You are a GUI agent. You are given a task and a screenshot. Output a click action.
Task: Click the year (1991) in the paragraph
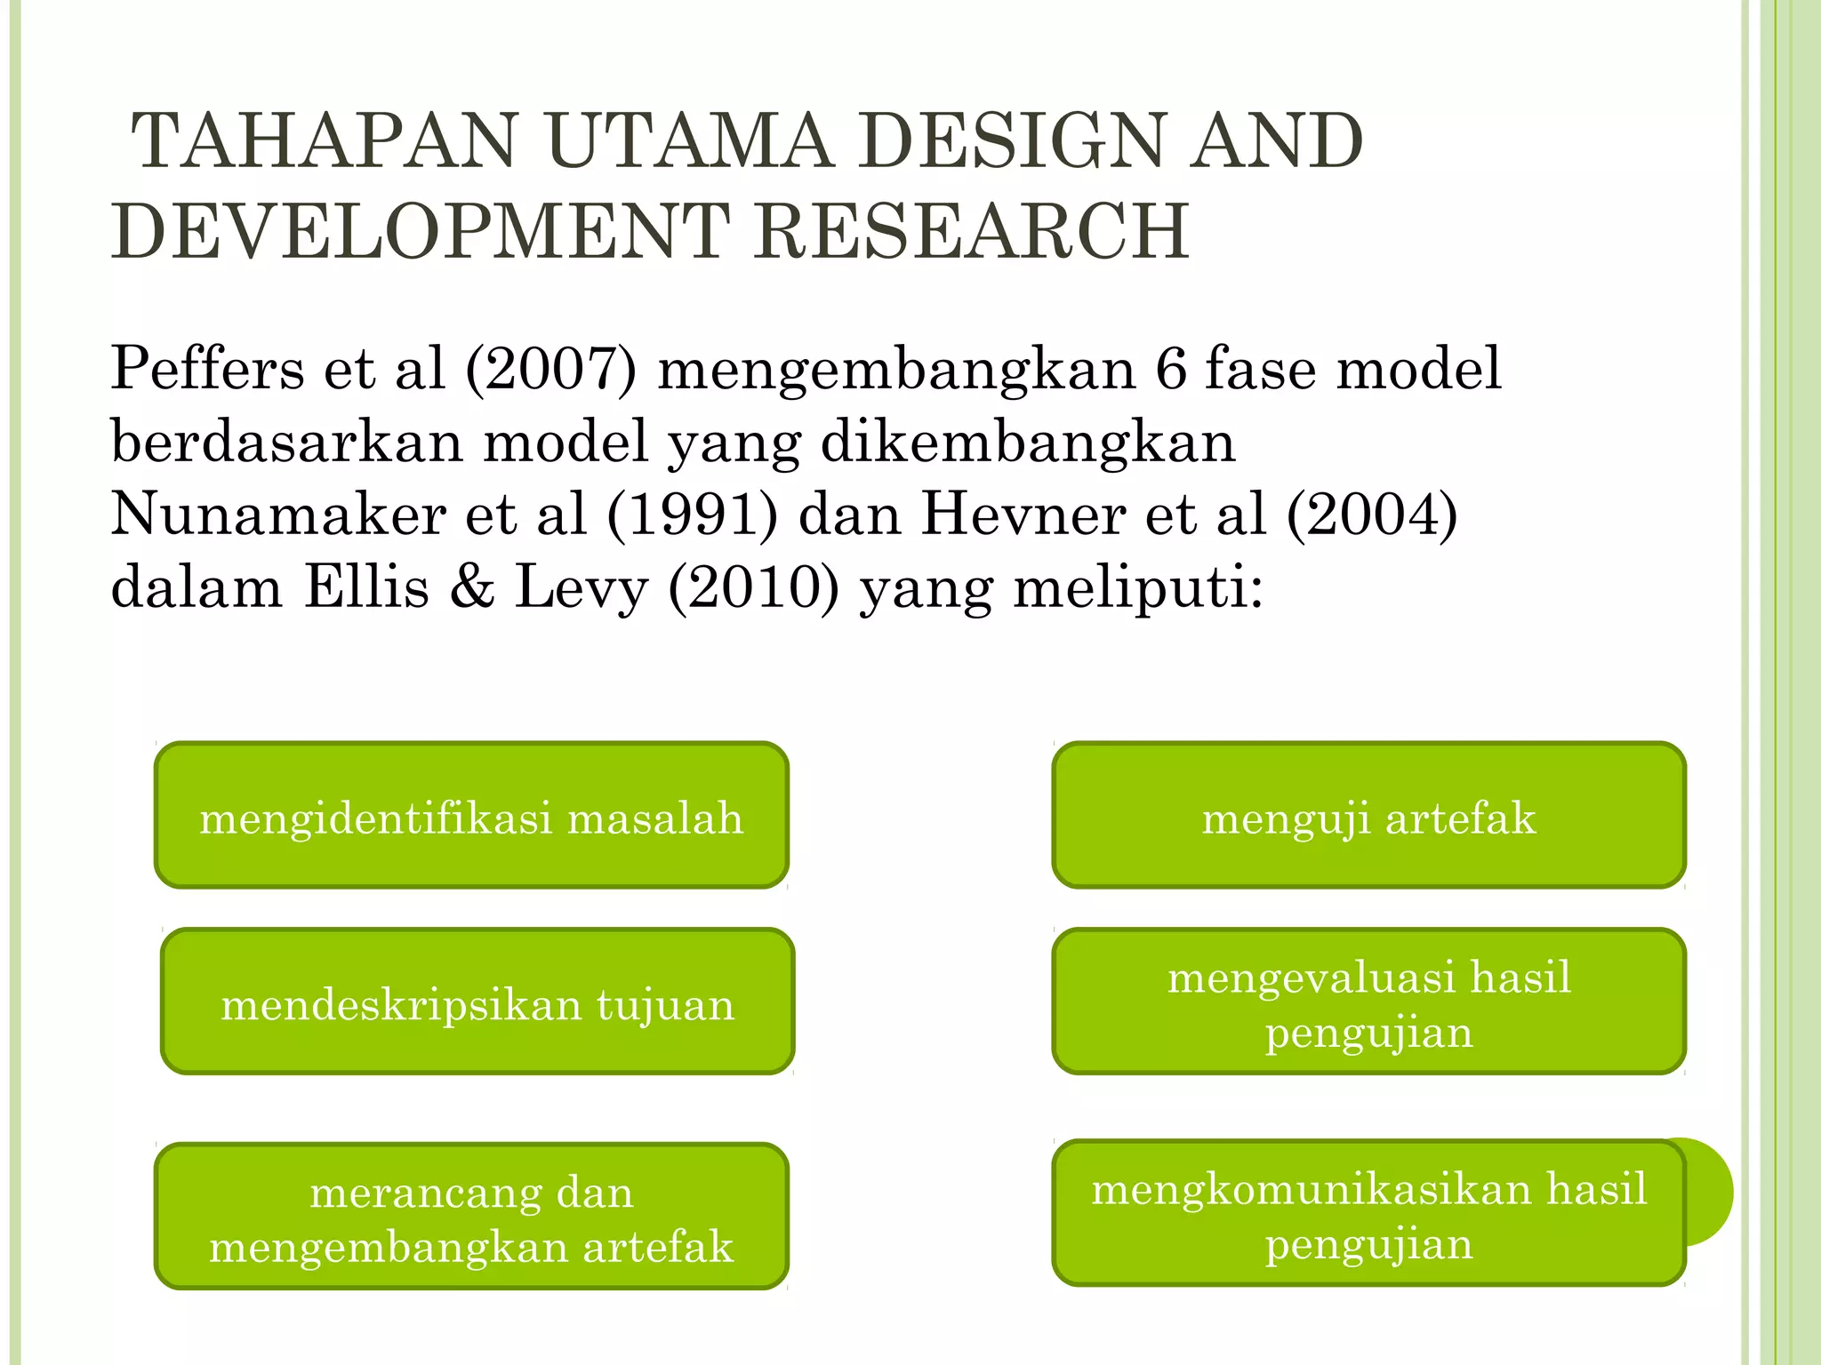pyautogui.click(x=692, y=515)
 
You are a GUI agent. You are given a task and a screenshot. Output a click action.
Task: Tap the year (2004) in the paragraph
pyautogui.click(x=1372, y=515)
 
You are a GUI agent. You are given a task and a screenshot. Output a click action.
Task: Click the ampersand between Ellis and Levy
pyautogui.click(x=472, y=588)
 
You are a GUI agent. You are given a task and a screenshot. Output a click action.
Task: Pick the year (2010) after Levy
pyautogui.click(x=753, y=588)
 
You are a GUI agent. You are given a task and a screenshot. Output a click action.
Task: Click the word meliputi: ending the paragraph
pyautogui.click(x=1138, y=588)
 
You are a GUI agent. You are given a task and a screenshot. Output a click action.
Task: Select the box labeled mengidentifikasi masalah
pyautogui.click(x=471, y=815)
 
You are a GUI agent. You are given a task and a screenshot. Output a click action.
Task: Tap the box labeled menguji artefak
pyautogui.click(x=1368, y=815)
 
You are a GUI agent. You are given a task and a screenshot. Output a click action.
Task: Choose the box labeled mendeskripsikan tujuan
pyautogui.click(x=477, y=1002)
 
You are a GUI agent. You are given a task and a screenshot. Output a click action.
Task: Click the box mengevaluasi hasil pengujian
pyautogui.click(x=1368, y=1002)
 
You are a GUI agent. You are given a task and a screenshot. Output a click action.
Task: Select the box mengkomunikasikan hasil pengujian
pyautogui.click(x=1368, y=1213)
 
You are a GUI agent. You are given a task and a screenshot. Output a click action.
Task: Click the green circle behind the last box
pyautogui.click(x=1711, y=1191)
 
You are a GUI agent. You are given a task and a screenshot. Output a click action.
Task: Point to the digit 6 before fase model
pyautogui.click(x=1171, y=370)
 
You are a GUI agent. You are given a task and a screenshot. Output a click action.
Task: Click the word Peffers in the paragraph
pyautogui.click(x=206, y=370)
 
